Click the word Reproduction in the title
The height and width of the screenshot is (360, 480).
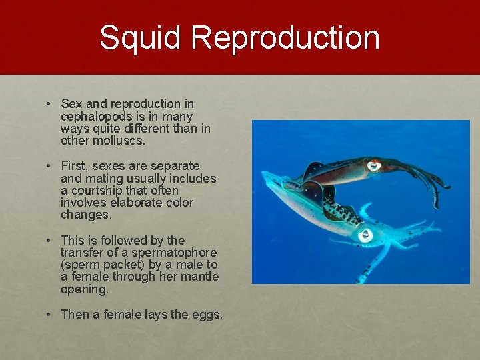285,38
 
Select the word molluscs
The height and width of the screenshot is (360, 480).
119,141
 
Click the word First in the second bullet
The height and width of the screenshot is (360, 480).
74,165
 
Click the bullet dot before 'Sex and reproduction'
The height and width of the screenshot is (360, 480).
49,105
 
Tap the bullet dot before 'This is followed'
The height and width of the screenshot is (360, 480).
49,241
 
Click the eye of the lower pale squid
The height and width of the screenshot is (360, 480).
365,235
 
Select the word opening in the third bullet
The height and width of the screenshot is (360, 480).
84,290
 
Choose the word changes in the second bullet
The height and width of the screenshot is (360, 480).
85,215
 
